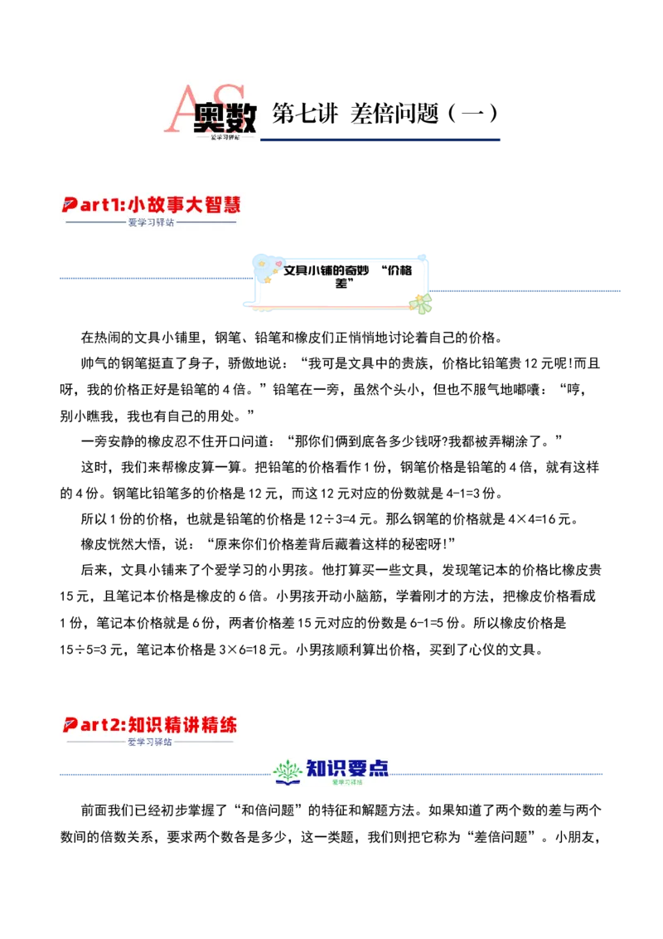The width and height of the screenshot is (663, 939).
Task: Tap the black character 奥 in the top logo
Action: click(x=211, y=119)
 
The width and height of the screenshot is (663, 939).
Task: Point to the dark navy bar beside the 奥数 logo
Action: click(x=381, y=140)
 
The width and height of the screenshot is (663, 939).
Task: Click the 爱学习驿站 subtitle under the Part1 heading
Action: click(x=152, y=222)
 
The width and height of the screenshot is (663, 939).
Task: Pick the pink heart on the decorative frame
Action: click(x=278, y=264)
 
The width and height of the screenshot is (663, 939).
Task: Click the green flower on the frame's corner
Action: click(x=422, y=303)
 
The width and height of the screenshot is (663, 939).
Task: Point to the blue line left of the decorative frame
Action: click(x=153, y=279)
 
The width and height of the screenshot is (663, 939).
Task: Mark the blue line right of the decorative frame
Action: click(x=527, y=289)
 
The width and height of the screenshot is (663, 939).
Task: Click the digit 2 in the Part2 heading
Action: click(x=115, y=724)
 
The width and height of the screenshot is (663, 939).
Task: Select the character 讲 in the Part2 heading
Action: click(x=192, y=724)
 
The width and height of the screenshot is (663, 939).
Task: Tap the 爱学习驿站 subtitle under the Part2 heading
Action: click(x=150, y=742)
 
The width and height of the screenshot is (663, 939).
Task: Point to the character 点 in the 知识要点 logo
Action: click(x=379, y=768)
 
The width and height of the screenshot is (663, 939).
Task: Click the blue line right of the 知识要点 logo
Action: click(x=497, y=773)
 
